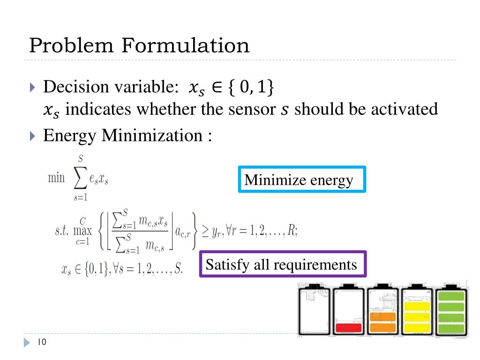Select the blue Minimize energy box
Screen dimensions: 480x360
(x=302, y=180)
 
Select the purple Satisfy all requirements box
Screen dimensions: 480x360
(x=283, y=264)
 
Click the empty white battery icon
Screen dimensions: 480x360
(x=314, y=310)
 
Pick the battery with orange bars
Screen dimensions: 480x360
(x=382, y=310)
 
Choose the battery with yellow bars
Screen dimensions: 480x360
(x=417, y=310)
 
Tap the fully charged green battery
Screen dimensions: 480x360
(x=451, y=310)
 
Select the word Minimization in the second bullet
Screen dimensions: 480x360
(x=151, y=136)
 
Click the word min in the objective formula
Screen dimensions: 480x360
(x=56, y=179)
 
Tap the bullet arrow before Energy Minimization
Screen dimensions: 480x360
(x=32, y=137)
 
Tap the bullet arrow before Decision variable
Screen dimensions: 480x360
(x=32, y=87)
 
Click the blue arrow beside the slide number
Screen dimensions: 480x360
(x=27, y=343)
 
